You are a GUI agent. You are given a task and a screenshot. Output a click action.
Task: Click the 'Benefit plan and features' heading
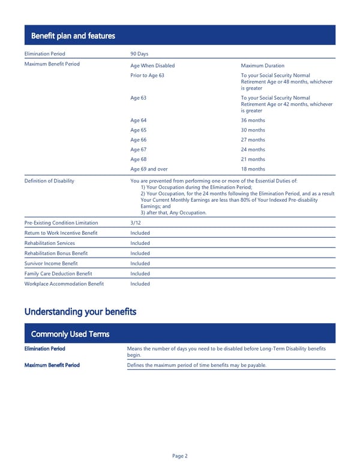pos(73,36)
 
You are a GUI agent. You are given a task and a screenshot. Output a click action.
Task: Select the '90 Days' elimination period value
pos(139,54)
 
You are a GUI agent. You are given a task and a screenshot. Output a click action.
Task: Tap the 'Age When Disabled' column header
pos(152,65)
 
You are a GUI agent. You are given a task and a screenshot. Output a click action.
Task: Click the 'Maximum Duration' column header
pos(262,65)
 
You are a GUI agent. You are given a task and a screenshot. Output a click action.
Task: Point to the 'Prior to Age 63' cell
pos(147,75)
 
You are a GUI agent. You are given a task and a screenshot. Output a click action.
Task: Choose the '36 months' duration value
pos(253,120)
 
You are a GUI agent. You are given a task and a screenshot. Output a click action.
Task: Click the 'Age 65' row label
pos(138,130)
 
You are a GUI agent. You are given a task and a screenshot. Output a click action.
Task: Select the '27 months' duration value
pos(253,140)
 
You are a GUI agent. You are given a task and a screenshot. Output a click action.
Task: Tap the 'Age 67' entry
pos(138,150)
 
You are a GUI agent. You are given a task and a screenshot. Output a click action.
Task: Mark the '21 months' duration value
pos(253,159)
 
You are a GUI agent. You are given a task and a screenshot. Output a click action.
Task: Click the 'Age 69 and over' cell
pos(149,169)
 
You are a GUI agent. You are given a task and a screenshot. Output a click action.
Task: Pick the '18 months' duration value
pos(253,169)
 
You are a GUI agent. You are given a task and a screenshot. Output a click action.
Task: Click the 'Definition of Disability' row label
pos(49,181)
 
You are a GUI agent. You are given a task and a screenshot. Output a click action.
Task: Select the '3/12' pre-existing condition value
pos(136,223)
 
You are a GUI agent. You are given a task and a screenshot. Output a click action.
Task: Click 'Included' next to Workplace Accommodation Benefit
pos(140,283)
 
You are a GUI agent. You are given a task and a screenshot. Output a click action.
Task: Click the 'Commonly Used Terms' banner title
pos(70,334)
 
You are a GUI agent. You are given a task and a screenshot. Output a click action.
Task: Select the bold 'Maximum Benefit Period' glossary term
pos(52,365)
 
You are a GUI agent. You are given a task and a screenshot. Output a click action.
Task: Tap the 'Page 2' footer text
pos(180,456)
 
